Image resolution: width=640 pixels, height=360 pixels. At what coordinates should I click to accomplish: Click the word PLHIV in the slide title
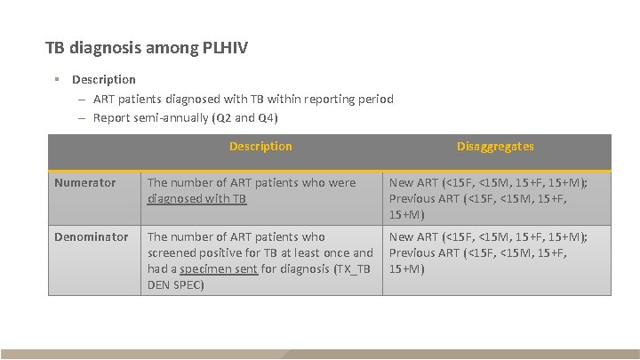pos(223,46)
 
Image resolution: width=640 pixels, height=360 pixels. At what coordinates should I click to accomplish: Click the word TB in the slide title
pos(55,46)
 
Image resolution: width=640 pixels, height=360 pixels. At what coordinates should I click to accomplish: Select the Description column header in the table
pos(260,146)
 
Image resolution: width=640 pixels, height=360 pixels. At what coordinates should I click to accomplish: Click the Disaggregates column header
pos(495,146)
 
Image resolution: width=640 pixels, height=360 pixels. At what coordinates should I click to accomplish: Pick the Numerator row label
pos(85,182)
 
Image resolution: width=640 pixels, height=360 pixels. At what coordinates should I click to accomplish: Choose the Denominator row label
pos(92,236)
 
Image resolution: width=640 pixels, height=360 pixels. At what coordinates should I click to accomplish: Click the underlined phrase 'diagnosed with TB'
pos(196,199)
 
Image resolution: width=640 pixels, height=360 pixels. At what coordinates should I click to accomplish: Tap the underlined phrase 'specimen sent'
pos(220,268)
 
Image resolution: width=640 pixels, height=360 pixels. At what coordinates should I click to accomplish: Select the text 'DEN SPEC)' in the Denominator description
pos(176,285)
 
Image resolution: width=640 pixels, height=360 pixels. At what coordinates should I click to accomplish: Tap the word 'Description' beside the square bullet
pos(104,80)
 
